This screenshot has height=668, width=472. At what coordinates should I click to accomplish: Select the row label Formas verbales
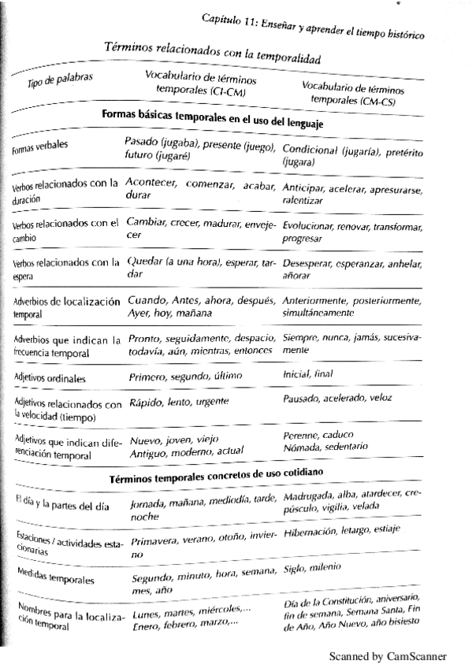pos(39,150)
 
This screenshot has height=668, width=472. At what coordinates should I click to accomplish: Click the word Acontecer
pos(153,182)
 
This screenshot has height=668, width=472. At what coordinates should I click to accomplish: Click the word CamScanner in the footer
pos(413,656)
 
